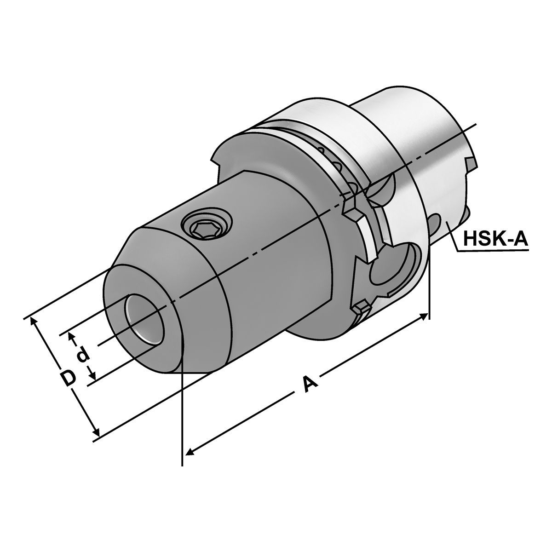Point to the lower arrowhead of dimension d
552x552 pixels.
tap(92, 374)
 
